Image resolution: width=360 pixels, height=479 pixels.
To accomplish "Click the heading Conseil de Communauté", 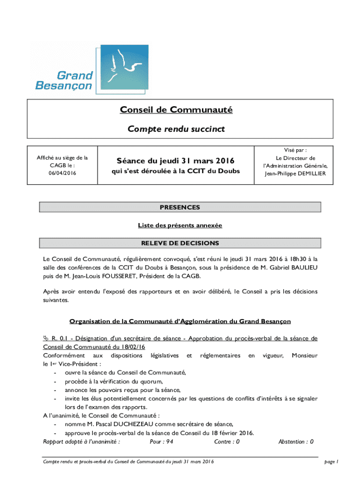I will pos(176,110).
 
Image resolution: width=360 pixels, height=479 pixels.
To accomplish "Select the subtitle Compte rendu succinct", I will pos(176,129).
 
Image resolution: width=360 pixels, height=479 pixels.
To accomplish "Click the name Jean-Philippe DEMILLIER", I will pos(302,174).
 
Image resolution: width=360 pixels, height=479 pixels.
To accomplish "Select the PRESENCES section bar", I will pos(180,207).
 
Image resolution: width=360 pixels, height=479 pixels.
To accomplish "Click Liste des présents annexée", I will pos(180,225).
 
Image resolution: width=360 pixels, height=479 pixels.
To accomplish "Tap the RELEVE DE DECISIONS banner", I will pos(180,243).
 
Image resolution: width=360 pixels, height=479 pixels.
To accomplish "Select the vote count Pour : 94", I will pos(161,442).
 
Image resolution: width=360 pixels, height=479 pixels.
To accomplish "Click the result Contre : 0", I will pos(227,442).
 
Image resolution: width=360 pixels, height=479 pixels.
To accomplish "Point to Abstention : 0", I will pos(295,442).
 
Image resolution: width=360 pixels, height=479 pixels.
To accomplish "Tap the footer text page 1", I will pos(331,462).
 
